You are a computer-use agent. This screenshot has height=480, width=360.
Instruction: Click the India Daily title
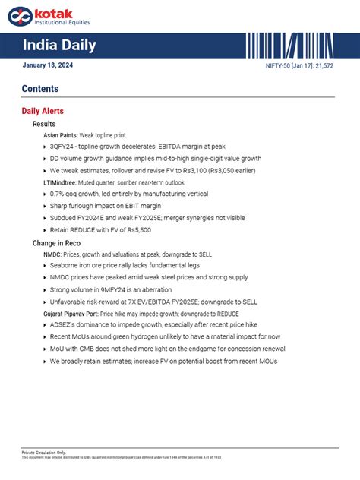tap(59, 46)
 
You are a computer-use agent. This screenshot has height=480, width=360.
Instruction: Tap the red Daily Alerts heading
tap(43, 111)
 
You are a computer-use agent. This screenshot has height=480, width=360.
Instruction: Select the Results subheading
tap(44, 124)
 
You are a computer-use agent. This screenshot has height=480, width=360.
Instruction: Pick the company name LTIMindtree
tap(59, 183)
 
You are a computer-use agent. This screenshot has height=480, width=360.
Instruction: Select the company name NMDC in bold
tap(52, 254)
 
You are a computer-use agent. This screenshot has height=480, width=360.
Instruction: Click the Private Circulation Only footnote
tap(43, 452)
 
